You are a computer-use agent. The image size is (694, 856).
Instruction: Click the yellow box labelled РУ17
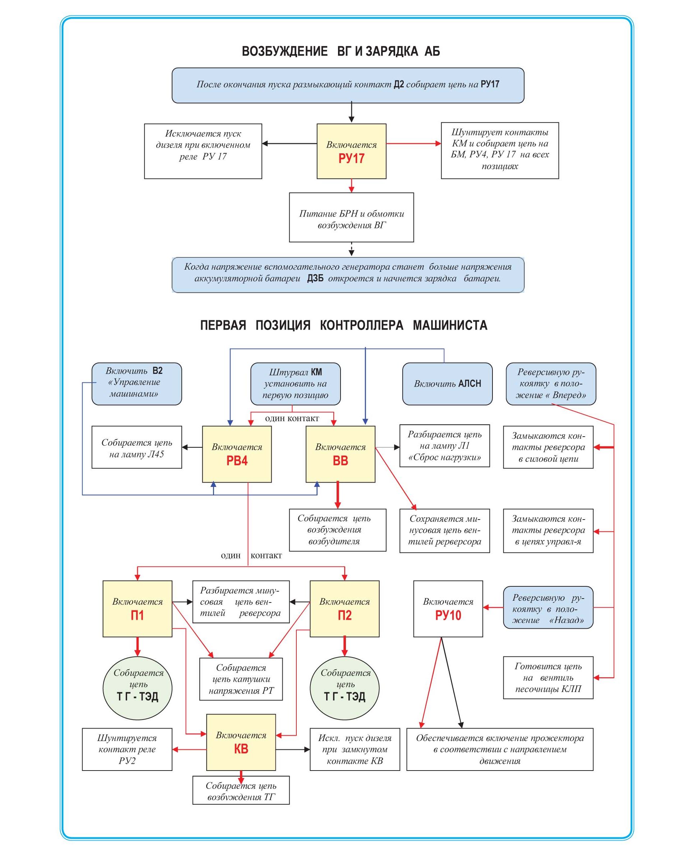click(351, 151)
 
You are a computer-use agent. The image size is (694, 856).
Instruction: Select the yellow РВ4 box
click(237, 454)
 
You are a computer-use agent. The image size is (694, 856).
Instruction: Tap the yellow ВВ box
click(340, 454)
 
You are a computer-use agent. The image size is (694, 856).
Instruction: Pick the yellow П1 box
click(137, 608)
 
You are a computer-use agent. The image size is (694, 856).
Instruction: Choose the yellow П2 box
click(344, 608)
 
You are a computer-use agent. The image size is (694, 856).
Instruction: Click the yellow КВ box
click(241, 742)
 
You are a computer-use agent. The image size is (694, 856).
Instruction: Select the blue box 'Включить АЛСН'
click(447, 383)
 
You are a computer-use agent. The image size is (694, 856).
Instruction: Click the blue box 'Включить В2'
click(137, 383)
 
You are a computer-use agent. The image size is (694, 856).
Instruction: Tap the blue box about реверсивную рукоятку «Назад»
click(548, 607)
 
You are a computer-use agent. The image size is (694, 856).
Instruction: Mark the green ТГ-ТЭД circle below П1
click(137, 688)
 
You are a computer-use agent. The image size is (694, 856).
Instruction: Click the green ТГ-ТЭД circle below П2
click(344, 688)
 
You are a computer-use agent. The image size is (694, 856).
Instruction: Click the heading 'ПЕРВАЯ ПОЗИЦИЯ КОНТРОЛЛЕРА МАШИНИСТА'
click(343, 325)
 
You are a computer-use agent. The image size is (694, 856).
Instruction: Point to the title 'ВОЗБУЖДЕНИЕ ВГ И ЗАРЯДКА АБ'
click(341, 51)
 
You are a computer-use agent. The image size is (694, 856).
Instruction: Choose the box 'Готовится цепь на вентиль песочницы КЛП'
click(548, 678)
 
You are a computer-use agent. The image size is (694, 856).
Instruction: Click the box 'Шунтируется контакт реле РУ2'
click(127, 749)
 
